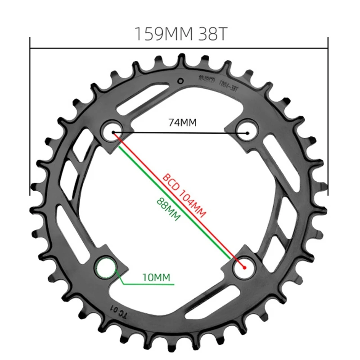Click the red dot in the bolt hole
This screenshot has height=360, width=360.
click(x=245, y=267)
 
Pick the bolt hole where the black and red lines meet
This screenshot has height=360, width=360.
click(x=112, y=132)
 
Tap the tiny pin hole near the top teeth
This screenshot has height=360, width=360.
click(x=180, y=81)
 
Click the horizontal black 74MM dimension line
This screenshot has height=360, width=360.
click(x=180, y=133)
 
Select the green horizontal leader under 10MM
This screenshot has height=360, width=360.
click(x=148, y=284)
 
